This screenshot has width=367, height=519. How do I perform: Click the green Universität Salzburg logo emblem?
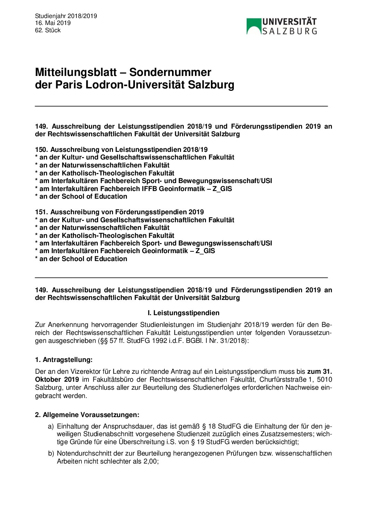coord(254,26)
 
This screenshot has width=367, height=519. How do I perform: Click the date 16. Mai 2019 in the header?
coord(53,23)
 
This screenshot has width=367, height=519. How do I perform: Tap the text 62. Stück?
coord(48,31)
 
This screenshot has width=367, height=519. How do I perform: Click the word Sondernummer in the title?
coord(170,72)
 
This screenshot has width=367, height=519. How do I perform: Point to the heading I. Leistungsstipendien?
coord(183,313)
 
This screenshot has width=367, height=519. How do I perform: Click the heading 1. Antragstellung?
coord(64,360)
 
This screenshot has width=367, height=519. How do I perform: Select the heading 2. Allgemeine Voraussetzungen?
coord(87,415)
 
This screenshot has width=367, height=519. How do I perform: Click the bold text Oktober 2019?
coord(57,380)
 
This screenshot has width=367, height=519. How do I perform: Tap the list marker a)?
coord(51,426)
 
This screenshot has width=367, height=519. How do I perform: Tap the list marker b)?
coord(51,453)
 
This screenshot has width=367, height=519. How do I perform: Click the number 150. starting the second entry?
coord(41,150)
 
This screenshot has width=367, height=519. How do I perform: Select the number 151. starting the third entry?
coord(41,212)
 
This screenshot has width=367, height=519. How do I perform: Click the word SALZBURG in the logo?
coord(289,31)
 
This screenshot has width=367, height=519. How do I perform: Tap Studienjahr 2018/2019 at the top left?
coord(66,16)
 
